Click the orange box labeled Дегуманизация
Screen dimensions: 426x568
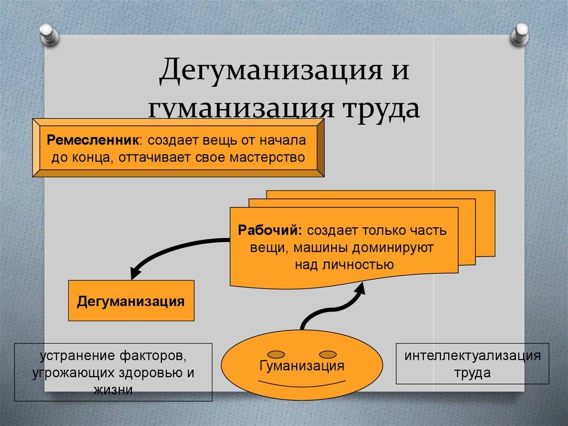click(x=131, y=301)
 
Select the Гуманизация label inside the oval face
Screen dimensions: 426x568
click(x=301, y=367)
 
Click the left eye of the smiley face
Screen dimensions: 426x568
click(x=276, y=353)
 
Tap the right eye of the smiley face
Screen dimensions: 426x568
click(x=327, y=353)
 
